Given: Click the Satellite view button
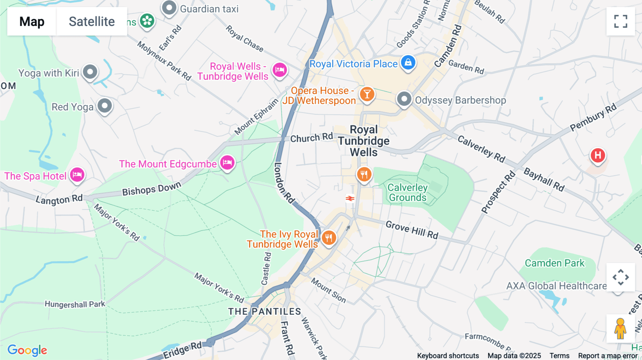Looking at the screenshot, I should pyautogui.click(x=92, y=21).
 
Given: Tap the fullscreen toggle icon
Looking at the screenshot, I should pyautogui.click(x=621, y=21).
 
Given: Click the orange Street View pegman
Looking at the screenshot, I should pyautogui.click(x=620, y=329).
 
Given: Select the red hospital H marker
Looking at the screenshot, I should pyautogui.click(x=598, y=155).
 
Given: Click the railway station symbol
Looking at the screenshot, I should pyautogui.click(x=350, y=198).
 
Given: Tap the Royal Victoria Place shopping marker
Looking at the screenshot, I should pyautogui.click(x=408, y=63).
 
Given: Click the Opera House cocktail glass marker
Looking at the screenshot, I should pyautogui.click(x=367, y=94).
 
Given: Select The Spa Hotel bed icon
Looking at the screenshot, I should pyautogui.click(x=77, y=175).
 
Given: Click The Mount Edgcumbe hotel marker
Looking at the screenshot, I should pyautogui.click(x=227, y=163).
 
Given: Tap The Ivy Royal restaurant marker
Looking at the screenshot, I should pyautogui.click(x=329, y=238).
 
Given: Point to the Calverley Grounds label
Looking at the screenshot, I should pyautogui.click(x=407, y=192).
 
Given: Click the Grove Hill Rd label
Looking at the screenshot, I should pyautogui.click(x=412, y=230).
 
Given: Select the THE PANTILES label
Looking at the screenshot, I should pyautogui.click(x=265, y=312).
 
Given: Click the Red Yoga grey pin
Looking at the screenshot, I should pyautogui.click(x=105, y=106).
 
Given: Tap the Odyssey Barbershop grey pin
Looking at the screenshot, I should pyautogui.click(x=404, y=99).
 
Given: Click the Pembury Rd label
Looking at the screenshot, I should pyautogui.click(x=593, y=117).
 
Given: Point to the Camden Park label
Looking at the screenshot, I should pyautogui.click(x=555, y=263).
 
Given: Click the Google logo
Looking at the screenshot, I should pyautogui.click(x=27, y=350).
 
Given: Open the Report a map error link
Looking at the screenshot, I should pyautogui.click(x=608, y=356).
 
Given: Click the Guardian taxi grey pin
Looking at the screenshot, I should pyautogui.click(x=169, y=8).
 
